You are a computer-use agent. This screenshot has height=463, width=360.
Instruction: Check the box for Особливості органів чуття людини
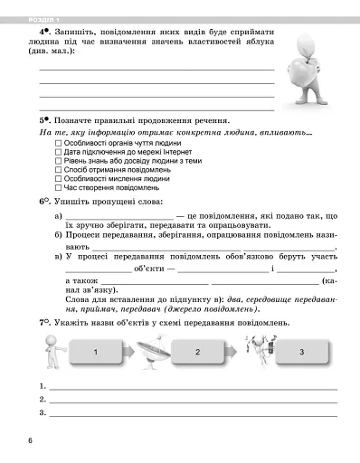[x=59, y=143]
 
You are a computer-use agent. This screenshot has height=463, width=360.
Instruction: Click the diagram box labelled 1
[x=95, y=352]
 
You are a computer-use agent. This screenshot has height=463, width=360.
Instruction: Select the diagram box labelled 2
[x=197, y=352]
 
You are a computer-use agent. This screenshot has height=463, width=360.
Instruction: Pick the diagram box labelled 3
[x=299, y=352]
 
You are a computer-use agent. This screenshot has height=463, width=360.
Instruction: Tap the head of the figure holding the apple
[x=305, y=45]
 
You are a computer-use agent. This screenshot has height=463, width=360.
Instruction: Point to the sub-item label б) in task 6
[x=58, y=235]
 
